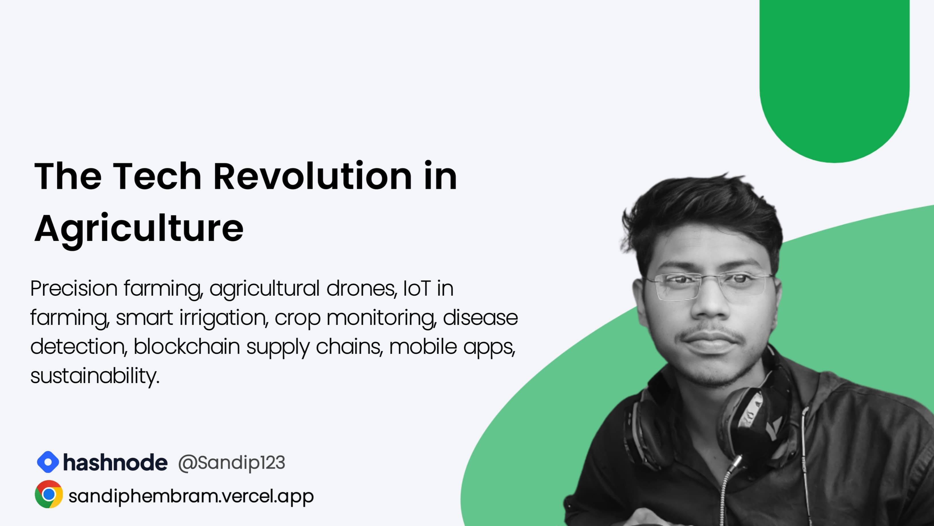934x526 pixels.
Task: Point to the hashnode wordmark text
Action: (x=115, y=462)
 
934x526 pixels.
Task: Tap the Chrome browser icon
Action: (x=49, y=494)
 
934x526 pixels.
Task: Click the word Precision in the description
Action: (x=74, y=289)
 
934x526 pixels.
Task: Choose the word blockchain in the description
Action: (x=187, y=347)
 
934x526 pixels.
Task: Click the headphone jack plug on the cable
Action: (x=736, y=465)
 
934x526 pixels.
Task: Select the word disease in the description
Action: (x=480, y=318)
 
